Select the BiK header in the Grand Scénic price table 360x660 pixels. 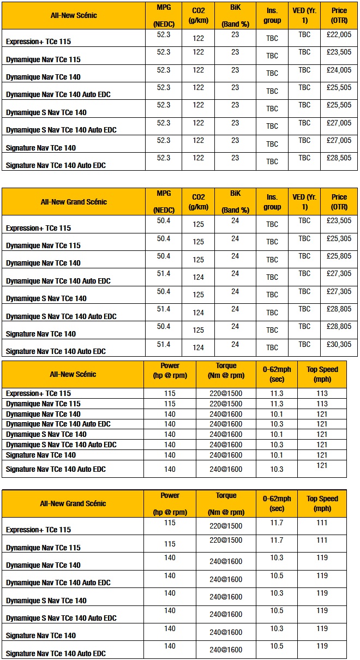(x=235, y=201)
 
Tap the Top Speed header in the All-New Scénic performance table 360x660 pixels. (x=322, y=374)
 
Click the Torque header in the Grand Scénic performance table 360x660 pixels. (x=226, y=502)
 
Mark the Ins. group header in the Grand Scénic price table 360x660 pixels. (x=272, y=202)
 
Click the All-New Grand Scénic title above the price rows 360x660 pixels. (x=74, y=202)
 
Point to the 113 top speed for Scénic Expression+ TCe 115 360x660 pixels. (x=322, y=393)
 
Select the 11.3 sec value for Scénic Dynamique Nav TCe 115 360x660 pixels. (x=277, y=404)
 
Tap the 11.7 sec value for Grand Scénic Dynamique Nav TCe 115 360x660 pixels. (x=277, y=540)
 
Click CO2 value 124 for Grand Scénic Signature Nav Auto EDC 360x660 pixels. (x=198, y=347)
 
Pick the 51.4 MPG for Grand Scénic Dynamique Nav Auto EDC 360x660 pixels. (x=164, y=273)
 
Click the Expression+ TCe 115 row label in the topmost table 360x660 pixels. (x=38, y=41)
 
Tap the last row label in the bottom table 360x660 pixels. (x=56, y=653)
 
